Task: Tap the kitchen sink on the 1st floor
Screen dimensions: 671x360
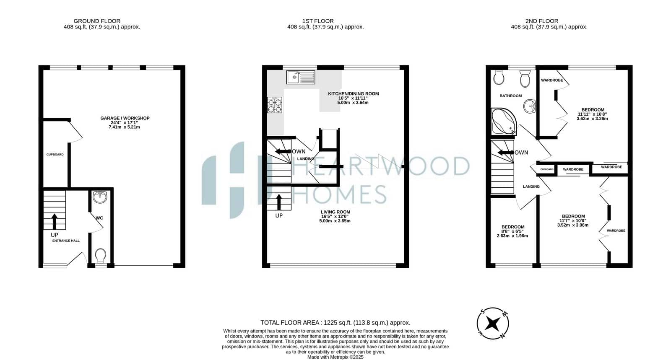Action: pyautogui.click(x=301, y=77)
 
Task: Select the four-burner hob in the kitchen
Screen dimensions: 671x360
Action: pyautogui.click(x=275, y=105)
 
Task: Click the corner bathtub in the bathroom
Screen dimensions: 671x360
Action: pyautogui.click(x=504, y=122)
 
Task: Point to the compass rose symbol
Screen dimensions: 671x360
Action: pyautogui.click(x=493, y=324)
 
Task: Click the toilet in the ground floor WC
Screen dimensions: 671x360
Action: pyautogui.click(x=101, y=256)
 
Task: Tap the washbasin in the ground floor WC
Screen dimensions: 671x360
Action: pyautogui.click(x=100, y=197)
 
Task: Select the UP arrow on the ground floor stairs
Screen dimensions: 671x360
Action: pyautogui.click(x=55, y=221)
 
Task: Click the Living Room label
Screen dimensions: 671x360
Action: pyautogui.click(x=335, y=216)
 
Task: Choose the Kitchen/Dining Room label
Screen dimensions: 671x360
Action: pyautogui.click(x=353, y=98)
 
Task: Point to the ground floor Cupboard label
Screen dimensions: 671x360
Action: pyautogui.click(x=55, y=154)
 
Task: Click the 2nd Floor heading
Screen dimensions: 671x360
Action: pyautogui.click(x=542, y=21)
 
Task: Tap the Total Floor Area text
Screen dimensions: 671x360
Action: pyautogui.click(x=335, y=323)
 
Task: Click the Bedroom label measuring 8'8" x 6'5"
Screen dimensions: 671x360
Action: pyautogui.click(x=512, y=231)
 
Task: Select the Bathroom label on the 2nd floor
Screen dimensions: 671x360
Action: pyautogui.click(x=511, y=96)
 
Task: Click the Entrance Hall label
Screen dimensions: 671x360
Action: pyautogui.click(x=66, y=241)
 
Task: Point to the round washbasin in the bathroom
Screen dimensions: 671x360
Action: pyautogui.click(x=530, y=106)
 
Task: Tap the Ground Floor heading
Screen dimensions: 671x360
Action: pyautogui.click(x=97, y=21)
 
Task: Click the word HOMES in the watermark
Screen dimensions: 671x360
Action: pyautogui.click(x=339, y=194)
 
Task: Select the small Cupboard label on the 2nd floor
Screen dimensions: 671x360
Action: pyautogui.click(x=547, y=169)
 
